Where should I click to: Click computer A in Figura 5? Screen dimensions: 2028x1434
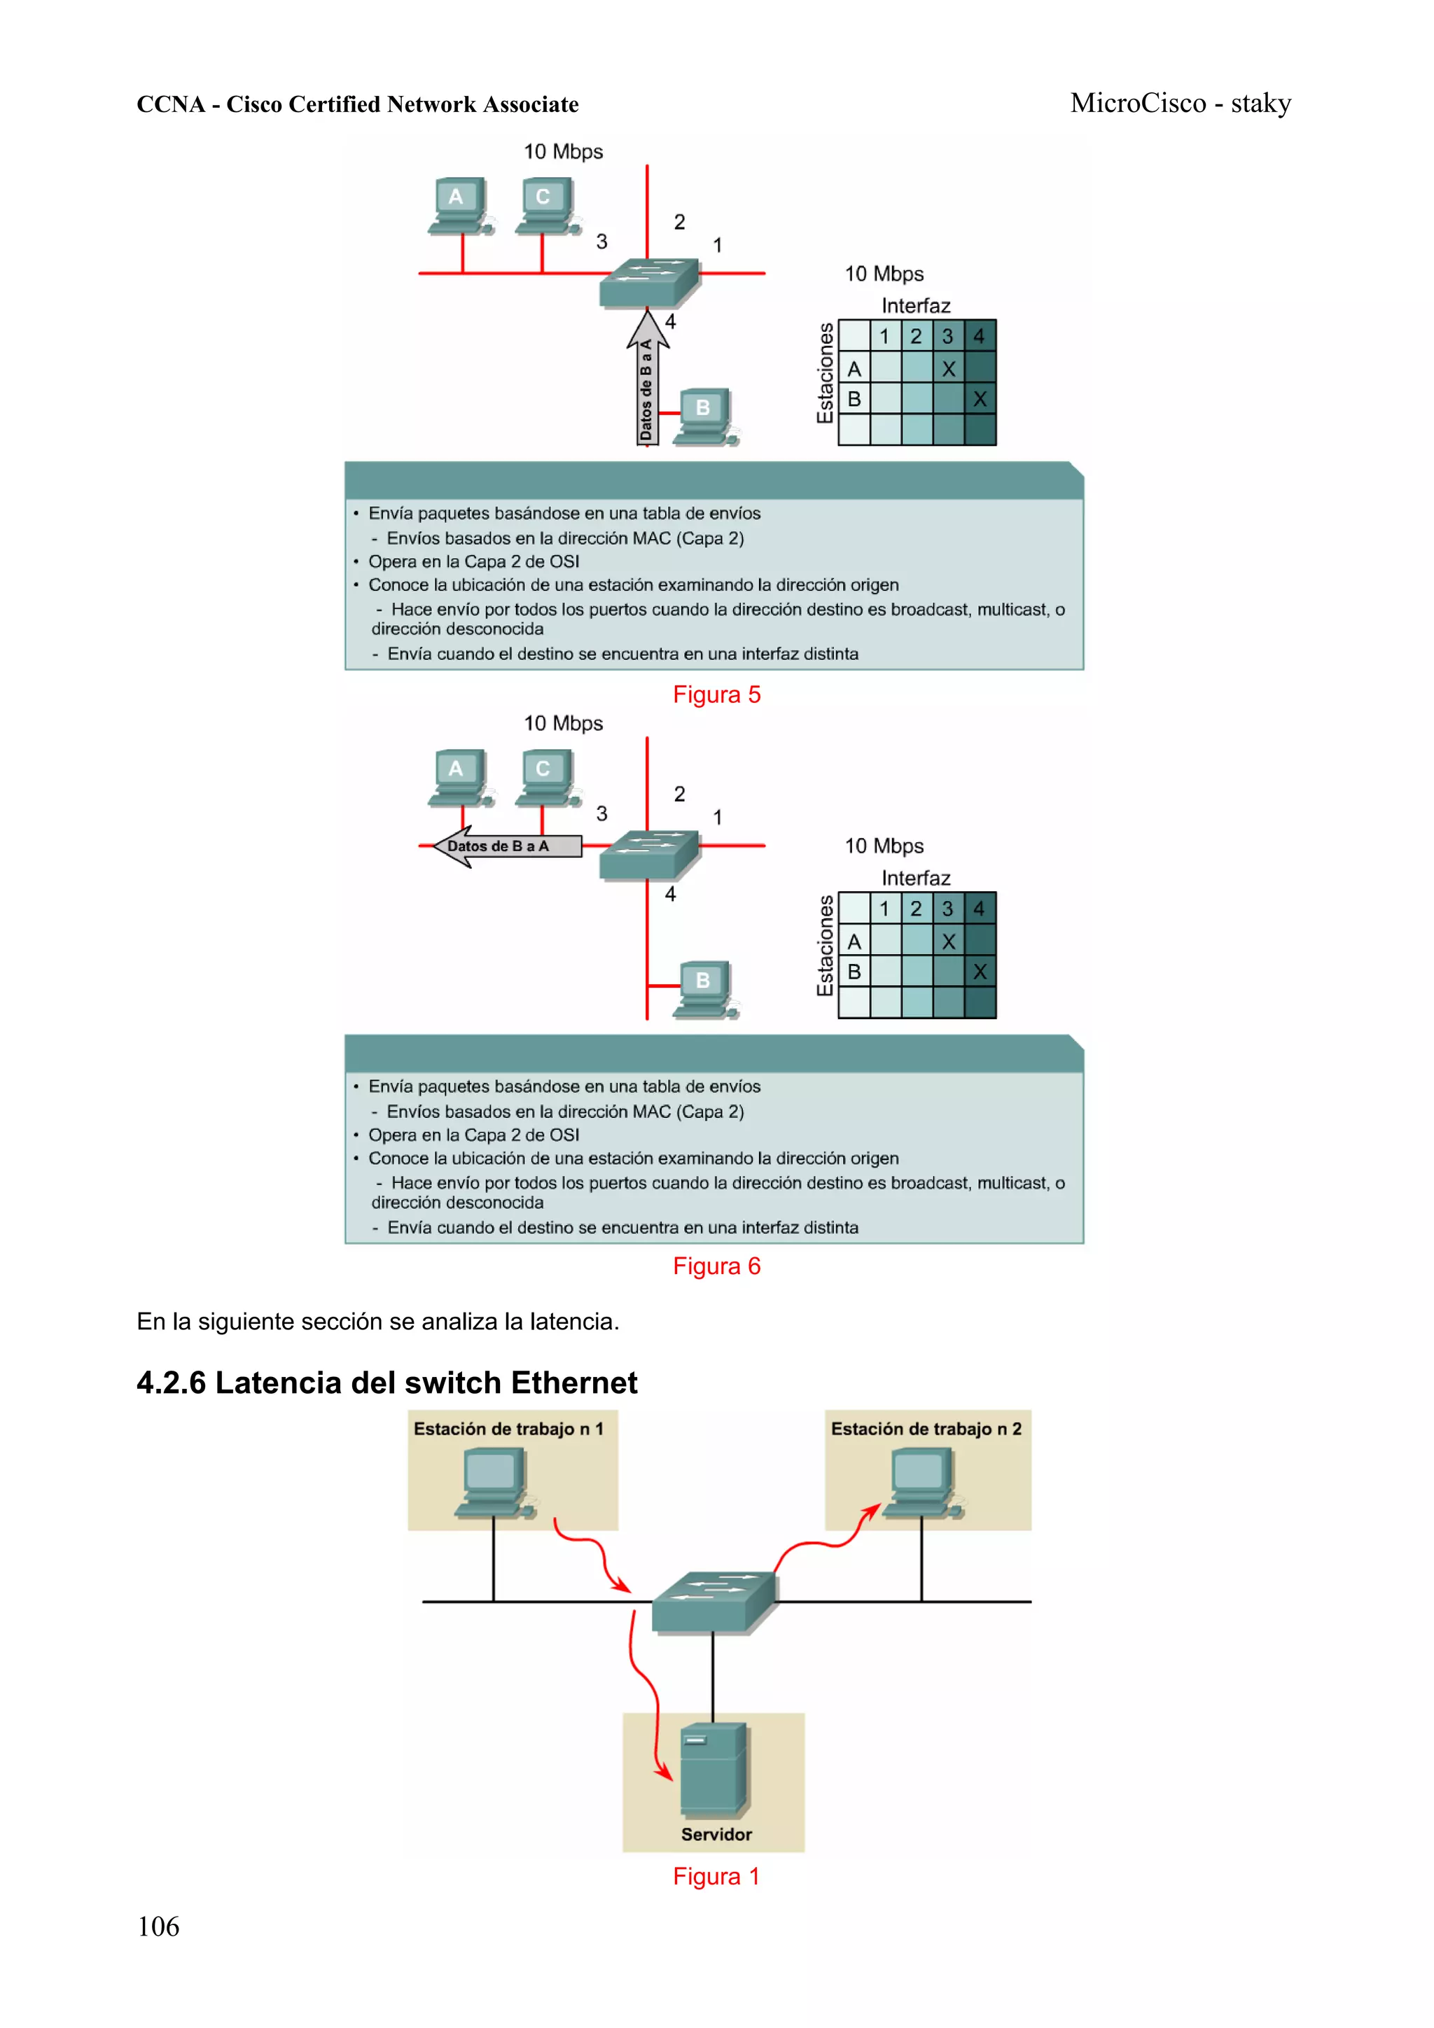pos(458,205)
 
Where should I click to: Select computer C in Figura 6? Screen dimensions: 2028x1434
pos(546,776)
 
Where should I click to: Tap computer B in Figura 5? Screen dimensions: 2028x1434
pos(705,415)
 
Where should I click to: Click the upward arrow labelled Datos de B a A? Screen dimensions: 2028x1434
pos(647,380)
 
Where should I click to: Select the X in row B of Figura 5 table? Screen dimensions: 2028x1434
pos(979,399)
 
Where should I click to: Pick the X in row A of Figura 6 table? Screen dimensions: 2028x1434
pos(948,942)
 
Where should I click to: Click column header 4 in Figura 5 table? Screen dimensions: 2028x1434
pos(979,335)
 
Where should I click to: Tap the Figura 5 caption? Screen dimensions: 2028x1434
pos(716,694)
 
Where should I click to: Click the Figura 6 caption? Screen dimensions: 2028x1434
pos(716,1266)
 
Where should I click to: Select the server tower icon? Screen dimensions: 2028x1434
pos(714,1767)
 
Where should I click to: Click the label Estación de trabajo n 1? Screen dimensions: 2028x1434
pos(508,1428)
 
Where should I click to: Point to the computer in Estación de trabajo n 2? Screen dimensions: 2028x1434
pos(921,1484)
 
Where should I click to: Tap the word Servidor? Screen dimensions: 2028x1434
pos(716,1833)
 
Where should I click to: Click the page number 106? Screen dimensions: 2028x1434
pos(158,1926)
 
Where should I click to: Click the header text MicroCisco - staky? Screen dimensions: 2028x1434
pos(1181,104)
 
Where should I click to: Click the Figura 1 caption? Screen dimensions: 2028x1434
pos(716,1875)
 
